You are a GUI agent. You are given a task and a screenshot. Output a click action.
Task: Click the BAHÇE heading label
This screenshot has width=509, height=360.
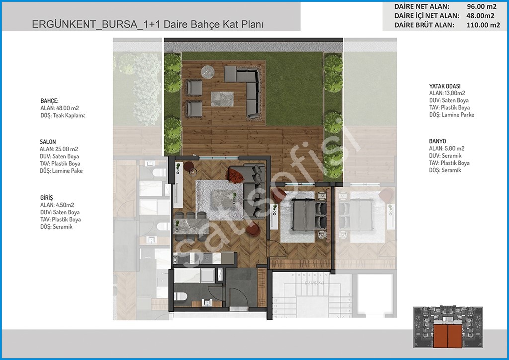[49, 101]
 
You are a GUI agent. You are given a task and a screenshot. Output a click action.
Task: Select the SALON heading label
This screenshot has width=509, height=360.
[48, 142]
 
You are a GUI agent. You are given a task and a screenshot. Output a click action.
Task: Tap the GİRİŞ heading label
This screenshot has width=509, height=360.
[46, 198]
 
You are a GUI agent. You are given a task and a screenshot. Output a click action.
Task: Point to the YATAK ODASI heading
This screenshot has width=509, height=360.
[445, 86]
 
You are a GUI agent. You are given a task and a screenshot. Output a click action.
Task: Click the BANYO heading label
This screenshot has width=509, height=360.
[437, 141]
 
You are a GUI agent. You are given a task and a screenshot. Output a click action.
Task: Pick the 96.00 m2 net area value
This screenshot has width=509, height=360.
[481, 6]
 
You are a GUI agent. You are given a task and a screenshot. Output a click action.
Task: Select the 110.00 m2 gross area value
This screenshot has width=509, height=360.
[483, 25]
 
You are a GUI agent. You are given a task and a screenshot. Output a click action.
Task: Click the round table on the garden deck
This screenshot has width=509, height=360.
[207, 72]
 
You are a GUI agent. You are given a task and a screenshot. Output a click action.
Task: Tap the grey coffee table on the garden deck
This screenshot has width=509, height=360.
[222, 99]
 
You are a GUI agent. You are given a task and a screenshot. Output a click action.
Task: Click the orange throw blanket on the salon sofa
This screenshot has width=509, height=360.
[235, 175]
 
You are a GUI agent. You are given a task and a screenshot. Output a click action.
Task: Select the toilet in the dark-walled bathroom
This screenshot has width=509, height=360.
[181, 296]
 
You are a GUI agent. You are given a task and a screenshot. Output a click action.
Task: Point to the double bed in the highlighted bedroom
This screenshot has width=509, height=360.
[309, 215]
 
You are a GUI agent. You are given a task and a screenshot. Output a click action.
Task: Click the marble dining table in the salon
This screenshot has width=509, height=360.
[191, 226]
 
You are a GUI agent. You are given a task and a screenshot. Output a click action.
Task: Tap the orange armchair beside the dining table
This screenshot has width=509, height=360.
[253, 230]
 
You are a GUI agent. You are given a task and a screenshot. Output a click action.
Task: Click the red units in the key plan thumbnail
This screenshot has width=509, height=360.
[448, 336]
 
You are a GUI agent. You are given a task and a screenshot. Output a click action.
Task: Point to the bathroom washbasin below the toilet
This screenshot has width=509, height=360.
[207, 302]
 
